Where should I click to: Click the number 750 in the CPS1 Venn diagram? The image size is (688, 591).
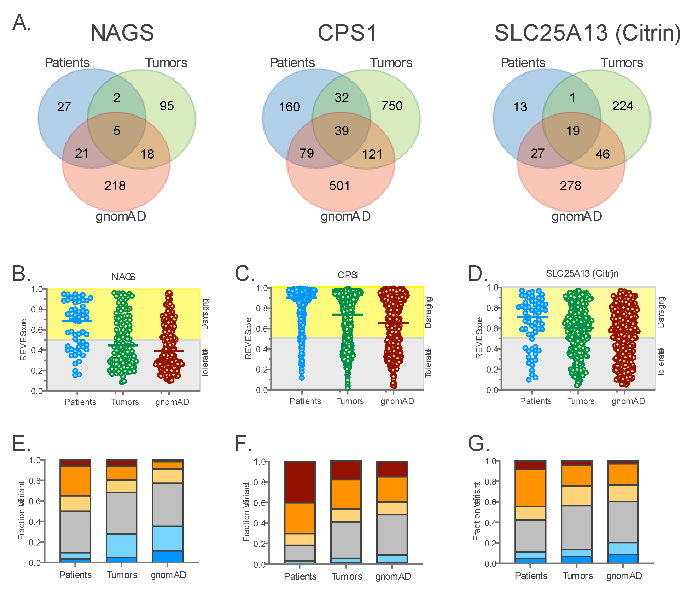point(392,106)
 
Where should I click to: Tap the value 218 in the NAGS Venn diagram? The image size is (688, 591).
point(115,186)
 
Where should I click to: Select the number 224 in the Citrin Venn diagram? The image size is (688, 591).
point(623,106)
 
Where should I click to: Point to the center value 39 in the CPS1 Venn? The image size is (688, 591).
point(342,131)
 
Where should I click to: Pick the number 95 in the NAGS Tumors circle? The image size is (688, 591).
point(167,106)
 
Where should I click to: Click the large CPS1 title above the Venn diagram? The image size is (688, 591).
point(348,33)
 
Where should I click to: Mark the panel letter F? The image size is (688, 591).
point(243,444)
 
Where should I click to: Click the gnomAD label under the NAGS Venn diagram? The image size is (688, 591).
point(121,216)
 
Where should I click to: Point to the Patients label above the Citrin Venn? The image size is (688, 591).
point(523,63)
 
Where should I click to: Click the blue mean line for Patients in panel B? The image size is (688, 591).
point(77,321)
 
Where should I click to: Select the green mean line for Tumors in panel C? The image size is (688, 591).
point(348,314)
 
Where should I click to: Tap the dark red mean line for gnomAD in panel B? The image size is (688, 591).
point(169,351)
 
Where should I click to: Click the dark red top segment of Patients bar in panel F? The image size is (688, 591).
point(300,482)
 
